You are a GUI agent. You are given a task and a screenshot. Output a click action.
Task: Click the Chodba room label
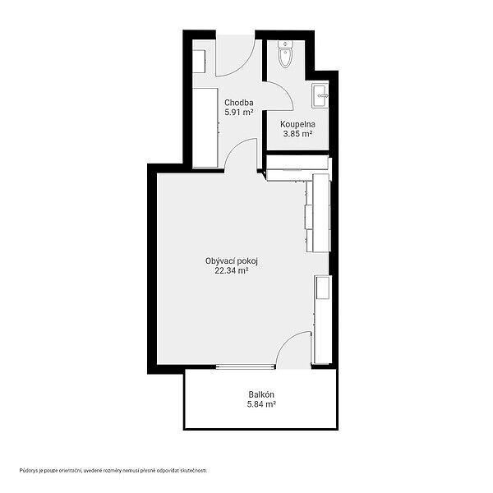click(239, 103)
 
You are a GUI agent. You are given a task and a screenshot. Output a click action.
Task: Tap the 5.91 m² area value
click(239, 113)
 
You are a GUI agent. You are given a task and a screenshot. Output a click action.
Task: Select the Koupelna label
click(297, 125)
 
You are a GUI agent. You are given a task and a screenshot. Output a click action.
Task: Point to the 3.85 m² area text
click(297, 134)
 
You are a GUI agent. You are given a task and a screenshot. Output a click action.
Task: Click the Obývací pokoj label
click(232, 261)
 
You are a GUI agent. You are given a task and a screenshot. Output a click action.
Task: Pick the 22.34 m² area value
click(232, 270)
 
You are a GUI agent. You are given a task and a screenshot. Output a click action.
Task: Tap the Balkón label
click(261, 394)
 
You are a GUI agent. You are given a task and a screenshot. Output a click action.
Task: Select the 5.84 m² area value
click(261, 404)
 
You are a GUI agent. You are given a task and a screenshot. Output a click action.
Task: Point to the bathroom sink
click(320, 95)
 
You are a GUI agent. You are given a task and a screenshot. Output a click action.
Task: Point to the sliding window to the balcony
click(246, 366)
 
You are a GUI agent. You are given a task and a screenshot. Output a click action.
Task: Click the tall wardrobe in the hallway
click(205, 127)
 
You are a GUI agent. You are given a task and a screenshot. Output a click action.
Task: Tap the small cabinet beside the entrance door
click(199, 61)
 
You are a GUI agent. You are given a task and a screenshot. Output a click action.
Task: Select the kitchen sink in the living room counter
click(324, 288)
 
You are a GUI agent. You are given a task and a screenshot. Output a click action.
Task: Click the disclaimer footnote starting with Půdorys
click(113, 470)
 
